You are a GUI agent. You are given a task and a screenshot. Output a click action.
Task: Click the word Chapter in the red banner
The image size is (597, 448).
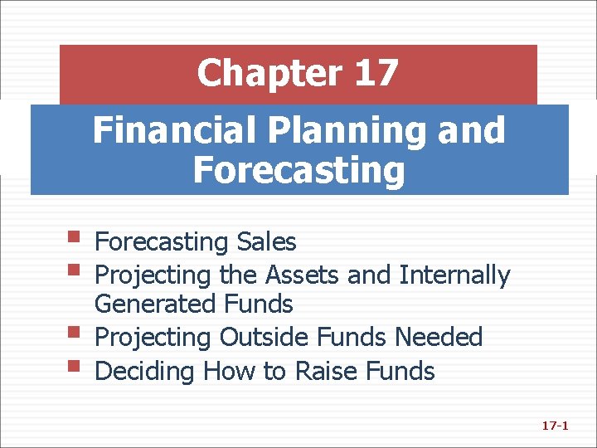[x=268, y=74]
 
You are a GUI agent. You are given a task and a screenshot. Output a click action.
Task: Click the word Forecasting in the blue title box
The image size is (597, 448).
[x=298, y=170]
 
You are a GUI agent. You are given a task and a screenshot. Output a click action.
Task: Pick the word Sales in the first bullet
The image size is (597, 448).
[x=266, y=242]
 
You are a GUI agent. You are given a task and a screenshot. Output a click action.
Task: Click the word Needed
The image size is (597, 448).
[x=439, y=337]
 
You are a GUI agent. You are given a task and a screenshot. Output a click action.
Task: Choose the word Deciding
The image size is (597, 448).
[x=144, y=370]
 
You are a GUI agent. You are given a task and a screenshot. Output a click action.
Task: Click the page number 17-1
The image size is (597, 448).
[x=554, y=426]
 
